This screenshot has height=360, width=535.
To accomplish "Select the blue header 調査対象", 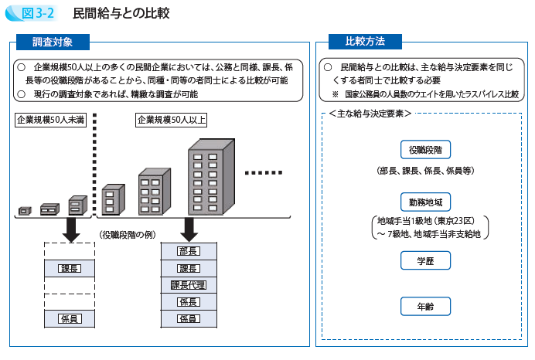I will pyautogui.click(x=53, y=42).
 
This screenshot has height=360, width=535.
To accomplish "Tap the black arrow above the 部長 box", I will pyautogui.click(x=189, y=229).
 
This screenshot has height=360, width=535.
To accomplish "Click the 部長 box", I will pyautogui.click(x=189, y=250).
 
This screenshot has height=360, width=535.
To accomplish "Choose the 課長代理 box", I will pyautogui.click(x=189, y=285).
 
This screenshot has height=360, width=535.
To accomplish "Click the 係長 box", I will pyautogui.click(x=189, y=302).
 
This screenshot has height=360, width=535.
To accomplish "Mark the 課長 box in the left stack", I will pyautogui.click(x=70, y=268).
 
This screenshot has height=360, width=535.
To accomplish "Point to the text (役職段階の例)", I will pyautogui.click(x=129, y=234).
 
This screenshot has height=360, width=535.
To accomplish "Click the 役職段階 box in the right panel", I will pyautogui.click(x=425, y=150).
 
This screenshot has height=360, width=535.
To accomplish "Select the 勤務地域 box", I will pyautogui.click(x=425, y=202).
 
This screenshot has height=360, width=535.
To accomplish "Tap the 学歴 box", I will pyautogui.click(x=425, y=260).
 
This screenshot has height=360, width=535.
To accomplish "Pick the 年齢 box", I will pyautogui.click(x=425, y=307).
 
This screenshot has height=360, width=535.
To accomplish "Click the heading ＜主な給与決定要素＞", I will pyautogui.click(x=369, y=114).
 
